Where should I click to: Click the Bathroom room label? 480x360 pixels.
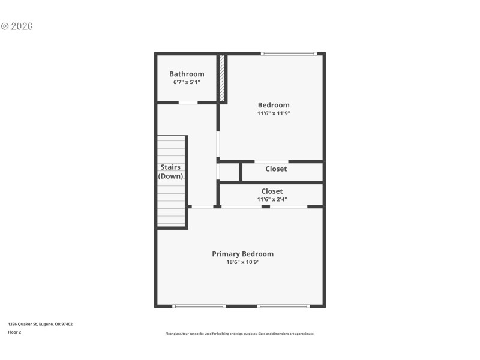point(187,74)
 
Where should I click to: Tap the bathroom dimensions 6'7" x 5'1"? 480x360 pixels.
point(187,82)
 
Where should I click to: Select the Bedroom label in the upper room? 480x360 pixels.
point(274,105)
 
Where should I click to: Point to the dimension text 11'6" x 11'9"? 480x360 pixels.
point(274,113)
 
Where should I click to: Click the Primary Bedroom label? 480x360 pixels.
point(242,254)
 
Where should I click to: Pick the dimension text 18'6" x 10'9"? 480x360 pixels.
point(242,262)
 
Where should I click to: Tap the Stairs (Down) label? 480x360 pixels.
point(170,172)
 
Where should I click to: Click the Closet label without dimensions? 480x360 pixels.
point(276,169)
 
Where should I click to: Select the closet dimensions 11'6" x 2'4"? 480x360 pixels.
point(272,199)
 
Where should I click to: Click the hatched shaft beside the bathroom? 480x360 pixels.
point(221,79)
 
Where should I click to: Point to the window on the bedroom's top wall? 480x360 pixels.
point(289,54)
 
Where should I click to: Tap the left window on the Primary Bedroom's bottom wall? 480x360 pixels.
point(199,306)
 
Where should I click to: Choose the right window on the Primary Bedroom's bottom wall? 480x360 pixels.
point(283,306)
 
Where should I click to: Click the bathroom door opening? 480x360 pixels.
point(188,103)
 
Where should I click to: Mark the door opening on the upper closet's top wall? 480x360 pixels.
point(271,161)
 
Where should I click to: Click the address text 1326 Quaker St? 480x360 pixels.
point(40,324)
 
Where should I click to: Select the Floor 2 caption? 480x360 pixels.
point(14,332)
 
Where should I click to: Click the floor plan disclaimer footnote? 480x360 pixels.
point(240,334)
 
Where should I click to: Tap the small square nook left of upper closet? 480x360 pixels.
point(229,172)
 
